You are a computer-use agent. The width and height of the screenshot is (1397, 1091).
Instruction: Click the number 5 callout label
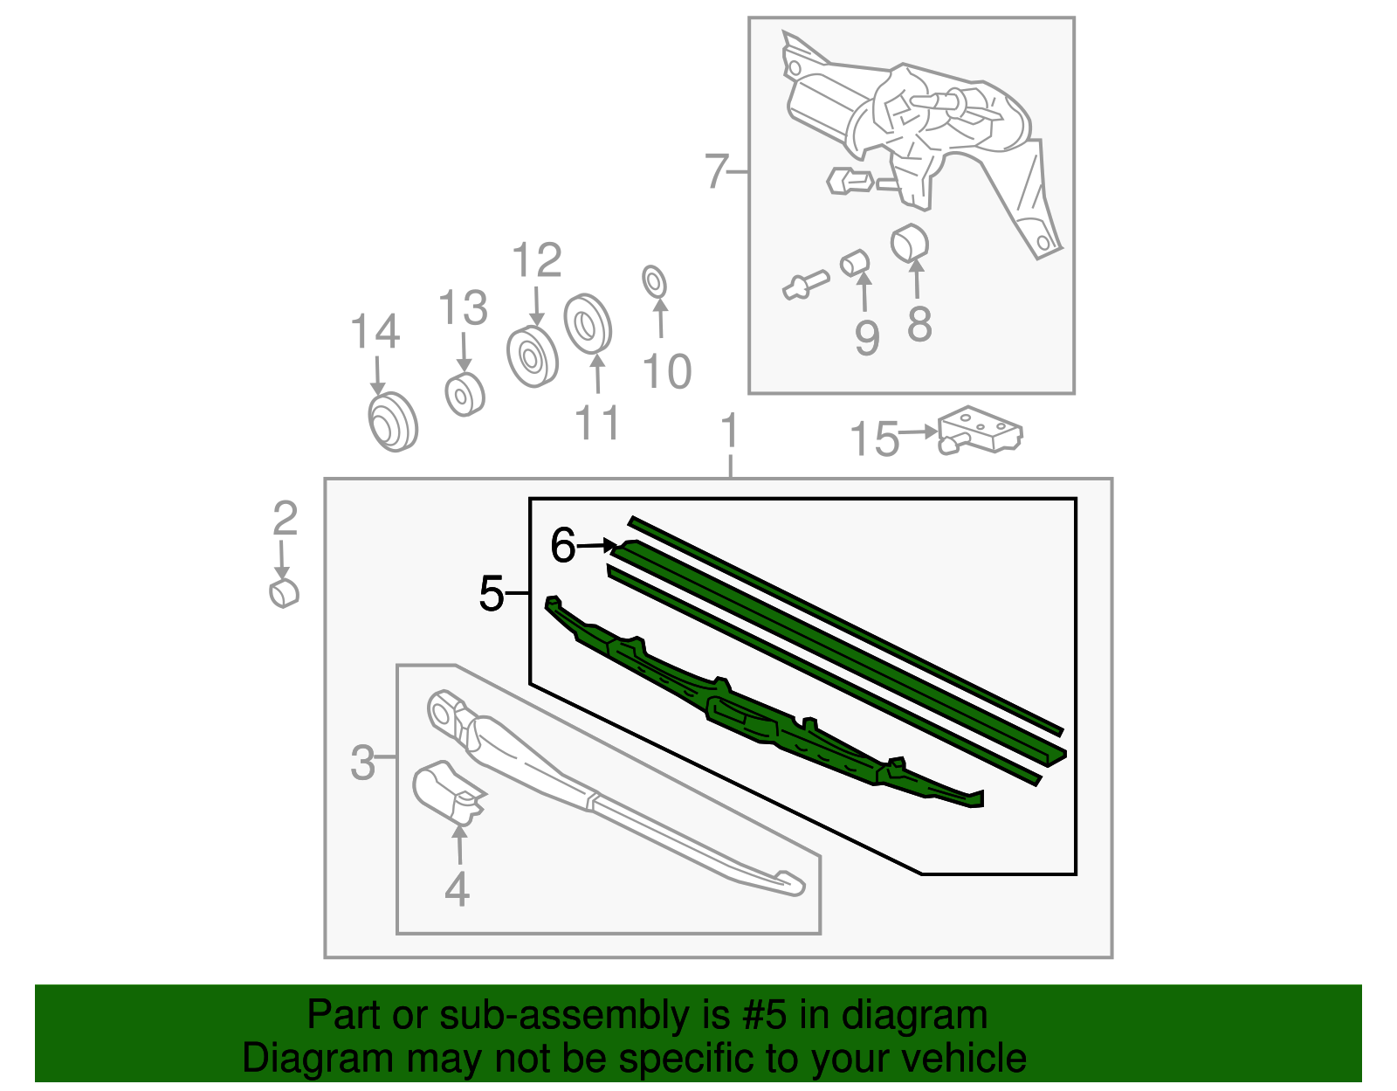[x=492, y=594]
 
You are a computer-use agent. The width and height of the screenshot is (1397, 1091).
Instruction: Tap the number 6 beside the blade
[x=563, y=546]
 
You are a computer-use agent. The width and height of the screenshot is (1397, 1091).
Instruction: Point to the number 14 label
[x=375, y=333]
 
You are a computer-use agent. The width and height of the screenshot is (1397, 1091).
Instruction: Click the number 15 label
[x=874, y=439]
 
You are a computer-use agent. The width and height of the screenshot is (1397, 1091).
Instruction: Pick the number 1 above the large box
[x=730, y=432]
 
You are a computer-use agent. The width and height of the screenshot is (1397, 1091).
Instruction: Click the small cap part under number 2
[x=284, y=592]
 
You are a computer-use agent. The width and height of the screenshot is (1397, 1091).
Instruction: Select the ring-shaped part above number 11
[x=587, y=323]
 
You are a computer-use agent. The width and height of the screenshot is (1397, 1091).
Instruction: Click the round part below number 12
[x=532, y=356]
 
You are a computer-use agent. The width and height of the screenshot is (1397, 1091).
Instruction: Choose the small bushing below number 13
[x=464, y=395]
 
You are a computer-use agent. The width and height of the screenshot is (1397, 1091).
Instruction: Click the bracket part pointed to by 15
[x=980, y=431]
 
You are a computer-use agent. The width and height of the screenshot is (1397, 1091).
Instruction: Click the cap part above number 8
[x=909, y=244]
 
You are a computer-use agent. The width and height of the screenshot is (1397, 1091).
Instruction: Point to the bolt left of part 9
[x=805, y=285]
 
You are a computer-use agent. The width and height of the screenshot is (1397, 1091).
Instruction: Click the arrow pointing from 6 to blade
[x=598, y=546]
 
